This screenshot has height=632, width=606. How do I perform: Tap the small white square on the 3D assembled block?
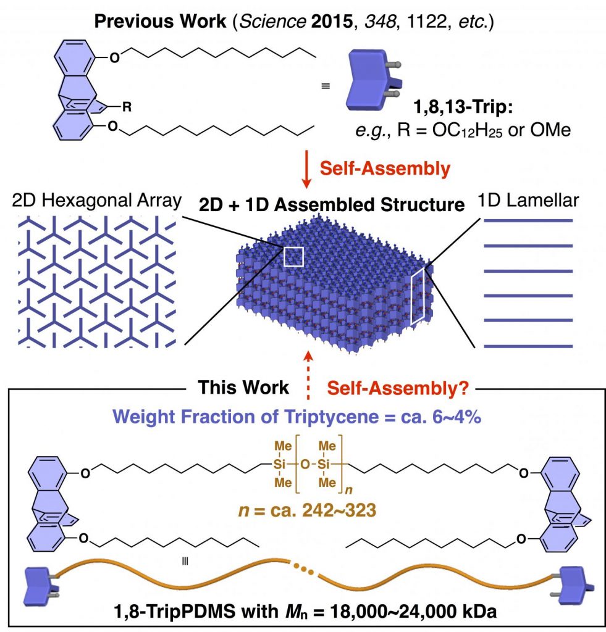pos(293,256)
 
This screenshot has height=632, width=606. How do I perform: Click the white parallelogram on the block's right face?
pos(419,296)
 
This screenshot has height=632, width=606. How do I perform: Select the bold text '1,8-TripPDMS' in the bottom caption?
pos(188,612)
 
